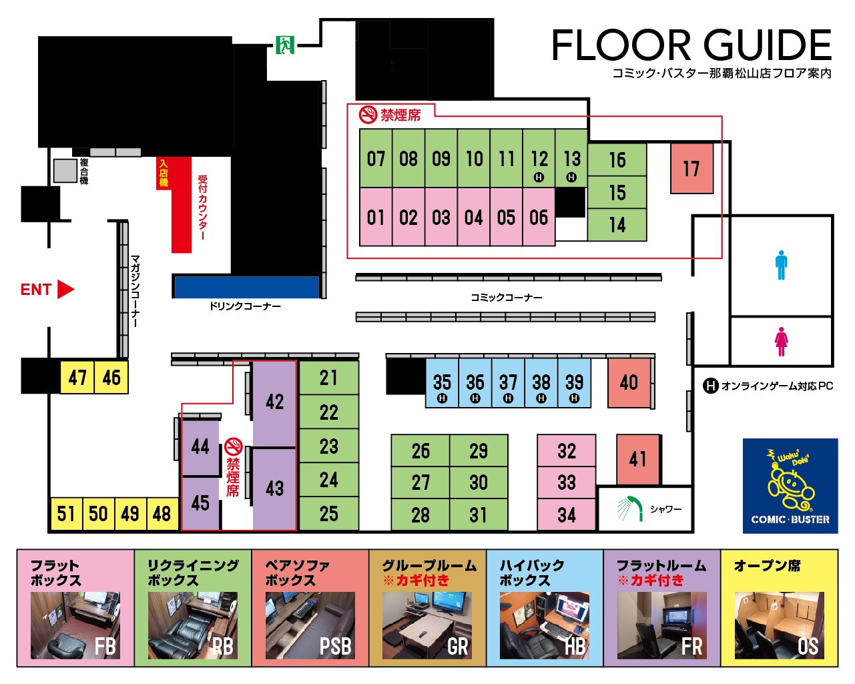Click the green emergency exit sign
tap(285, 45)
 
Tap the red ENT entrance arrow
tap(66, 289)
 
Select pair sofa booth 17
tap(691, 168)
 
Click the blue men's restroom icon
tap(781, 265)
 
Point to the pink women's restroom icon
tap(781, 342)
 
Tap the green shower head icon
tap(630, 508)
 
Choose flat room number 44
tap(200, 448)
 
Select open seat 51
tap(66, 514)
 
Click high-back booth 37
tap(508, 383)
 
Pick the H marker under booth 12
tap(539, 177)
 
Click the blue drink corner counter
tap(247, 287)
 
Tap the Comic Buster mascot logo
tap(790, 486)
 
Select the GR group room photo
tap(427, 626)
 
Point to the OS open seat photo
tap(779, 626)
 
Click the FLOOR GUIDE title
tap(691, 45)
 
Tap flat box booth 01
tap(376, 217)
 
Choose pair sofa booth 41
tap(639, 459)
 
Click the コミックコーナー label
tap(506, 298)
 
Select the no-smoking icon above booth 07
tap(368, 115)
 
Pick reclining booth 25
tap(329, 514)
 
